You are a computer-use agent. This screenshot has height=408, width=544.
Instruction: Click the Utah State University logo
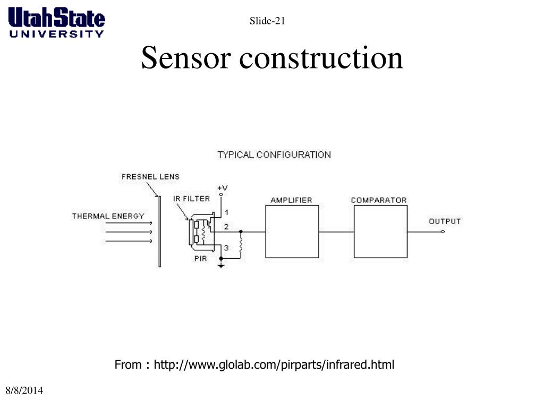click(x=57, y=22)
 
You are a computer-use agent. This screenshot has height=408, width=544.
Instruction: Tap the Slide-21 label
click(x=268, y=21)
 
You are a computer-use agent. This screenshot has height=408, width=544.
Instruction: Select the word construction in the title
click(x=321, y=58)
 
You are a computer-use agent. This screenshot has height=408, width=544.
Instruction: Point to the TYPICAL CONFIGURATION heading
click(x=274, y=155)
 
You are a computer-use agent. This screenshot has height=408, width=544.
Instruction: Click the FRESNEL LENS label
click(x=150, y=176)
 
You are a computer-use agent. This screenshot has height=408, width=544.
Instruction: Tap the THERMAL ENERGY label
click(x=108, y=216)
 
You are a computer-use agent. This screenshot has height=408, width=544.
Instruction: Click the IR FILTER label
click(x=191, y=199)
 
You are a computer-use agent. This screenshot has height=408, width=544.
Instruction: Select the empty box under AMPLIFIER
click(x=292, y=232)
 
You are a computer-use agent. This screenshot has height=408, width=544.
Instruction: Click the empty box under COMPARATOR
click(x=380, y=232)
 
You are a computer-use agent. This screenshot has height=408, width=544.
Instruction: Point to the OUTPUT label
click(x=445, y=221)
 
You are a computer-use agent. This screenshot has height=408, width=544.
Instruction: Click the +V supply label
click(x=223, y=188)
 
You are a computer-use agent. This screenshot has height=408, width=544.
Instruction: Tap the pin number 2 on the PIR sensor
click(x=226, y=227)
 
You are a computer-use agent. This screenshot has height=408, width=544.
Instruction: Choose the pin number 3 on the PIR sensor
click(x=226, y=248)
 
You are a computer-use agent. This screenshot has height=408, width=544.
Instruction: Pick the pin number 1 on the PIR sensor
click(x=226, y=212)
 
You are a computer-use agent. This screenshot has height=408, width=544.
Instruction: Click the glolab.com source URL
click(x=274, y=365)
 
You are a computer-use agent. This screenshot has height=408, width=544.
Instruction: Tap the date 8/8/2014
click(x=24, y=391)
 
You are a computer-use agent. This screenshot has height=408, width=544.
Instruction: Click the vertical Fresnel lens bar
click(x=158, y=231)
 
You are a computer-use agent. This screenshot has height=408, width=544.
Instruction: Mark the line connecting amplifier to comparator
click(x=336, y=232)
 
